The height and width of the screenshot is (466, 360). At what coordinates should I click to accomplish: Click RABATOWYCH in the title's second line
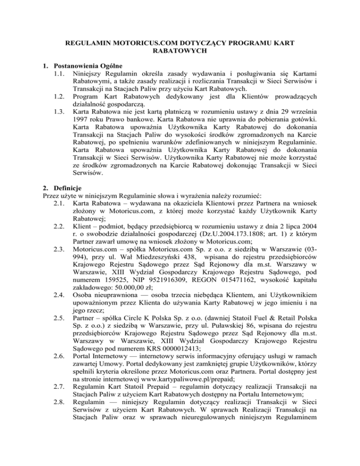[180, 51]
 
